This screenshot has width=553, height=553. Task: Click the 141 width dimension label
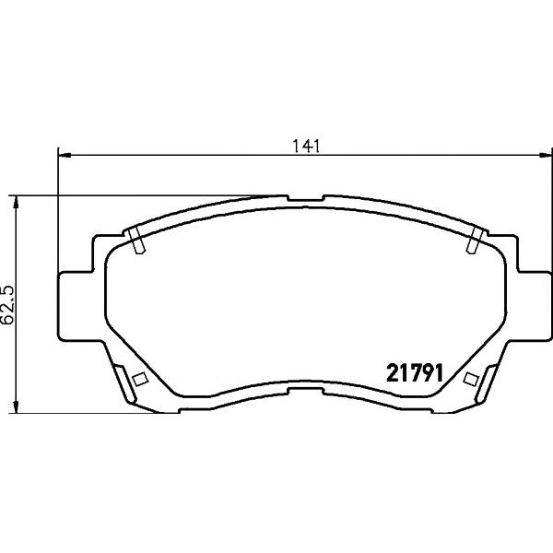306,147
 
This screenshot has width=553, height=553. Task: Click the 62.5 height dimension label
7,305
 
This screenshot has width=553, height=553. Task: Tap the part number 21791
415,373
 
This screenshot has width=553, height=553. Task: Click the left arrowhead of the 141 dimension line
65,155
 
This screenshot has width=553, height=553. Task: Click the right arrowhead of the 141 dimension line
544,155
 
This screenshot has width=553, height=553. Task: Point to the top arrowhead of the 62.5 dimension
16,203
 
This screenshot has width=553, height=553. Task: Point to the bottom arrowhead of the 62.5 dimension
16,406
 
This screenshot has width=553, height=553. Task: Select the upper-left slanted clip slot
136,241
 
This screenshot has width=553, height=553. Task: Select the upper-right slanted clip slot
475,241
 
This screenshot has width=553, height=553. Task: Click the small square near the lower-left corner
140,379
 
